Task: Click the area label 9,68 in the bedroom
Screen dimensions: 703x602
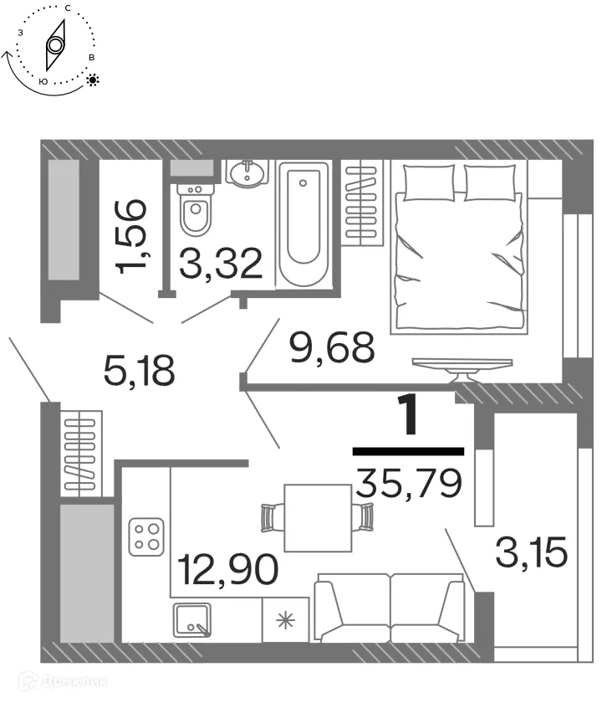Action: click(330, 347)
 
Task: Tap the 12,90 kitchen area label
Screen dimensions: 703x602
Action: click(227, 572)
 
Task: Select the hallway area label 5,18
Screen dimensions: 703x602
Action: click(140, 369)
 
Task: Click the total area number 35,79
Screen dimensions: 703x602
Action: click(408, 483)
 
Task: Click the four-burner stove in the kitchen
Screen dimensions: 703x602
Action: click(145, 536)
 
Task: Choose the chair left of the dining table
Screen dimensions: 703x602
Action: click(269, 518)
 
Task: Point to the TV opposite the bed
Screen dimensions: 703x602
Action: click(462, 365)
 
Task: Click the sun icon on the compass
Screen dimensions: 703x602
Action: click(93, 80)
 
